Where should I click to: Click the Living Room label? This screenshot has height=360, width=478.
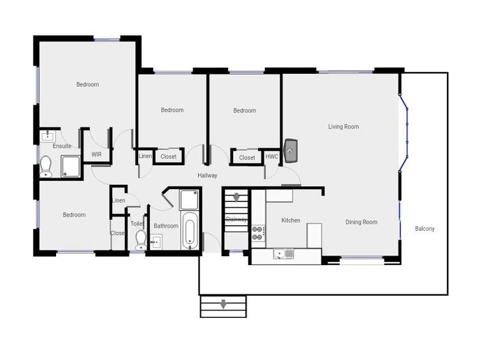coord(344,127)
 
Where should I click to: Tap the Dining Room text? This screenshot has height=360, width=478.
coord(361,222)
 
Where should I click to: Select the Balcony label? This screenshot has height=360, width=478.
coord(424,229)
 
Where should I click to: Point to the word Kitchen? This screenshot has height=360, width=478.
coord(291,220)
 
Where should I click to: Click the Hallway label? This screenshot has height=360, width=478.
coord(207,175)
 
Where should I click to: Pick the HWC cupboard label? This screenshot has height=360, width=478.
coord(272,157)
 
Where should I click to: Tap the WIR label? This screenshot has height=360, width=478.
coord(96,154)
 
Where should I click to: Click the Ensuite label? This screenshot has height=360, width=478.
coord(62,146)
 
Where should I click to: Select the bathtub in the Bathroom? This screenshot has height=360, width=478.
coord(190,231)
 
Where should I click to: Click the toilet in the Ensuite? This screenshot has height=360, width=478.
coord(45,166)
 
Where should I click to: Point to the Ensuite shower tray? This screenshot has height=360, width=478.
coord(71,167)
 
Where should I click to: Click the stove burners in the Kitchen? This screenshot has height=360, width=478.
coord(258,233)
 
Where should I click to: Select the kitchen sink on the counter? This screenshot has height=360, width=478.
coord(284,254)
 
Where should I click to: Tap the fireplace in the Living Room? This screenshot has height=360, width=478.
coord(291,150)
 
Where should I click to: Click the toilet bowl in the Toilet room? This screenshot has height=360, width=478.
coord(141,239)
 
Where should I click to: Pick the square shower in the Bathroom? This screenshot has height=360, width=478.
coord(189,200)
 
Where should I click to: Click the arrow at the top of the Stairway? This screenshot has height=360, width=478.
coord(236,197)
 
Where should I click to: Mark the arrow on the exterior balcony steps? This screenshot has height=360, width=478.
coord(223,305)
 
